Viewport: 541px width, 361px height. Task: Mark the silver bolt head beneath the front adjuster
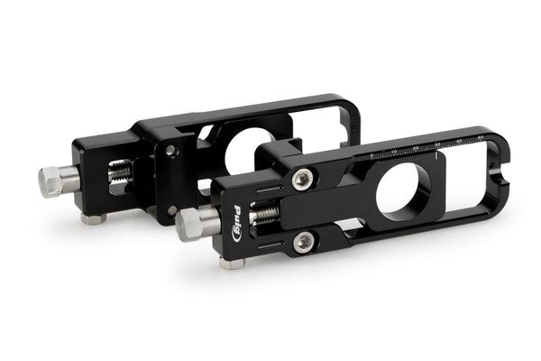coord(233,263)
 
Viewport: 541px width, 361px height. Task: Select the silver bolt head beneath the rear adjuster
coord(93,218)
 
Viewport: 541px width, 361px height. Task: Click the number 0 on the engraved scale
coord(373,155)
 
